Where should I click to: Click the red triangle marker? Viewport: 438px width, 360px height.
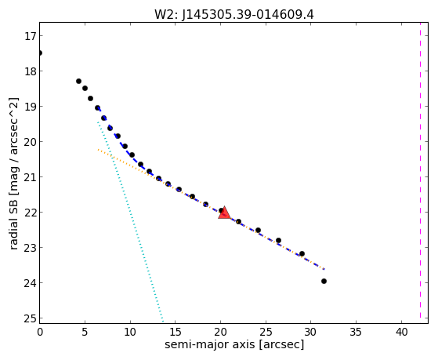click(224, 213)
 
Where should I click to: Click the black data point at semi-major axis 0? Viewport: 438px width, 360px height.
click(40, 53)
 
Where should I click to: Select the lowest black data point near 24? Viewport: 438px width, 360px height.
click(324, 281)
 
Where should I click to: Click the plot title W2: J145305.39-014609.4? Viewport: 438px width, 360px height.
click(234, 15)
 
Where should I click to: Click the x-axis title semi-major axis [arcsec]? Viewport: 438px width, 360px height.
click(234, 344)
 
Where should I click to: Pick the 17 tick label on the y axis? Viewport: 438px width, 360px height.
click(30, 36)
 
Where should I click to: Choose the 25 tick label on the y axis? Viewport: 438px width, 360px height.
click(30, 318)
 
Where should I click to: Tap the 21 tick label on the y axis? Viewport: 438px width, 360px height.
click(30, 177)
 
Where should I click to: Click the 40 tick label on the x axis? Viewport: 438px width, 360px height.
click(401, 332)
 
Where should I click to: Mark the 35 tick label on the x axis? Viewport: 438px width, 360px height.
click(357, 332)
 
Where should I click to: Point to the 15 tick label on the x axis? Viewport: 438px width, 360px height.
click(176, 332)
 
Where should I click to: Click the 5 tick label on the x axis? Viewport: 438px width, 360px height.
click(85, 332)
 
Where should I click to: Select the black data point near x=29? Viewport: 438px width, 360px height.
click(302, 253)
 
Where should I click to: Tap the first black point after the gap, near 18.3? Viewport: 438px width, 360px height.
click(78, 81)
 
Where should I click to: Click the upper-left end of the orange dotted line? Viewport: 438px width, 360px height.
click(98, 150)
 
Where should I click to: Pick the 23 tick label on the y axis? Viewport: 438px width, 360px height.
click(30, 248)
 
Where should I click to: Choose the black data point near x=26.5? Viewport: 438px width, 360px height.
click(278, 240)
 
